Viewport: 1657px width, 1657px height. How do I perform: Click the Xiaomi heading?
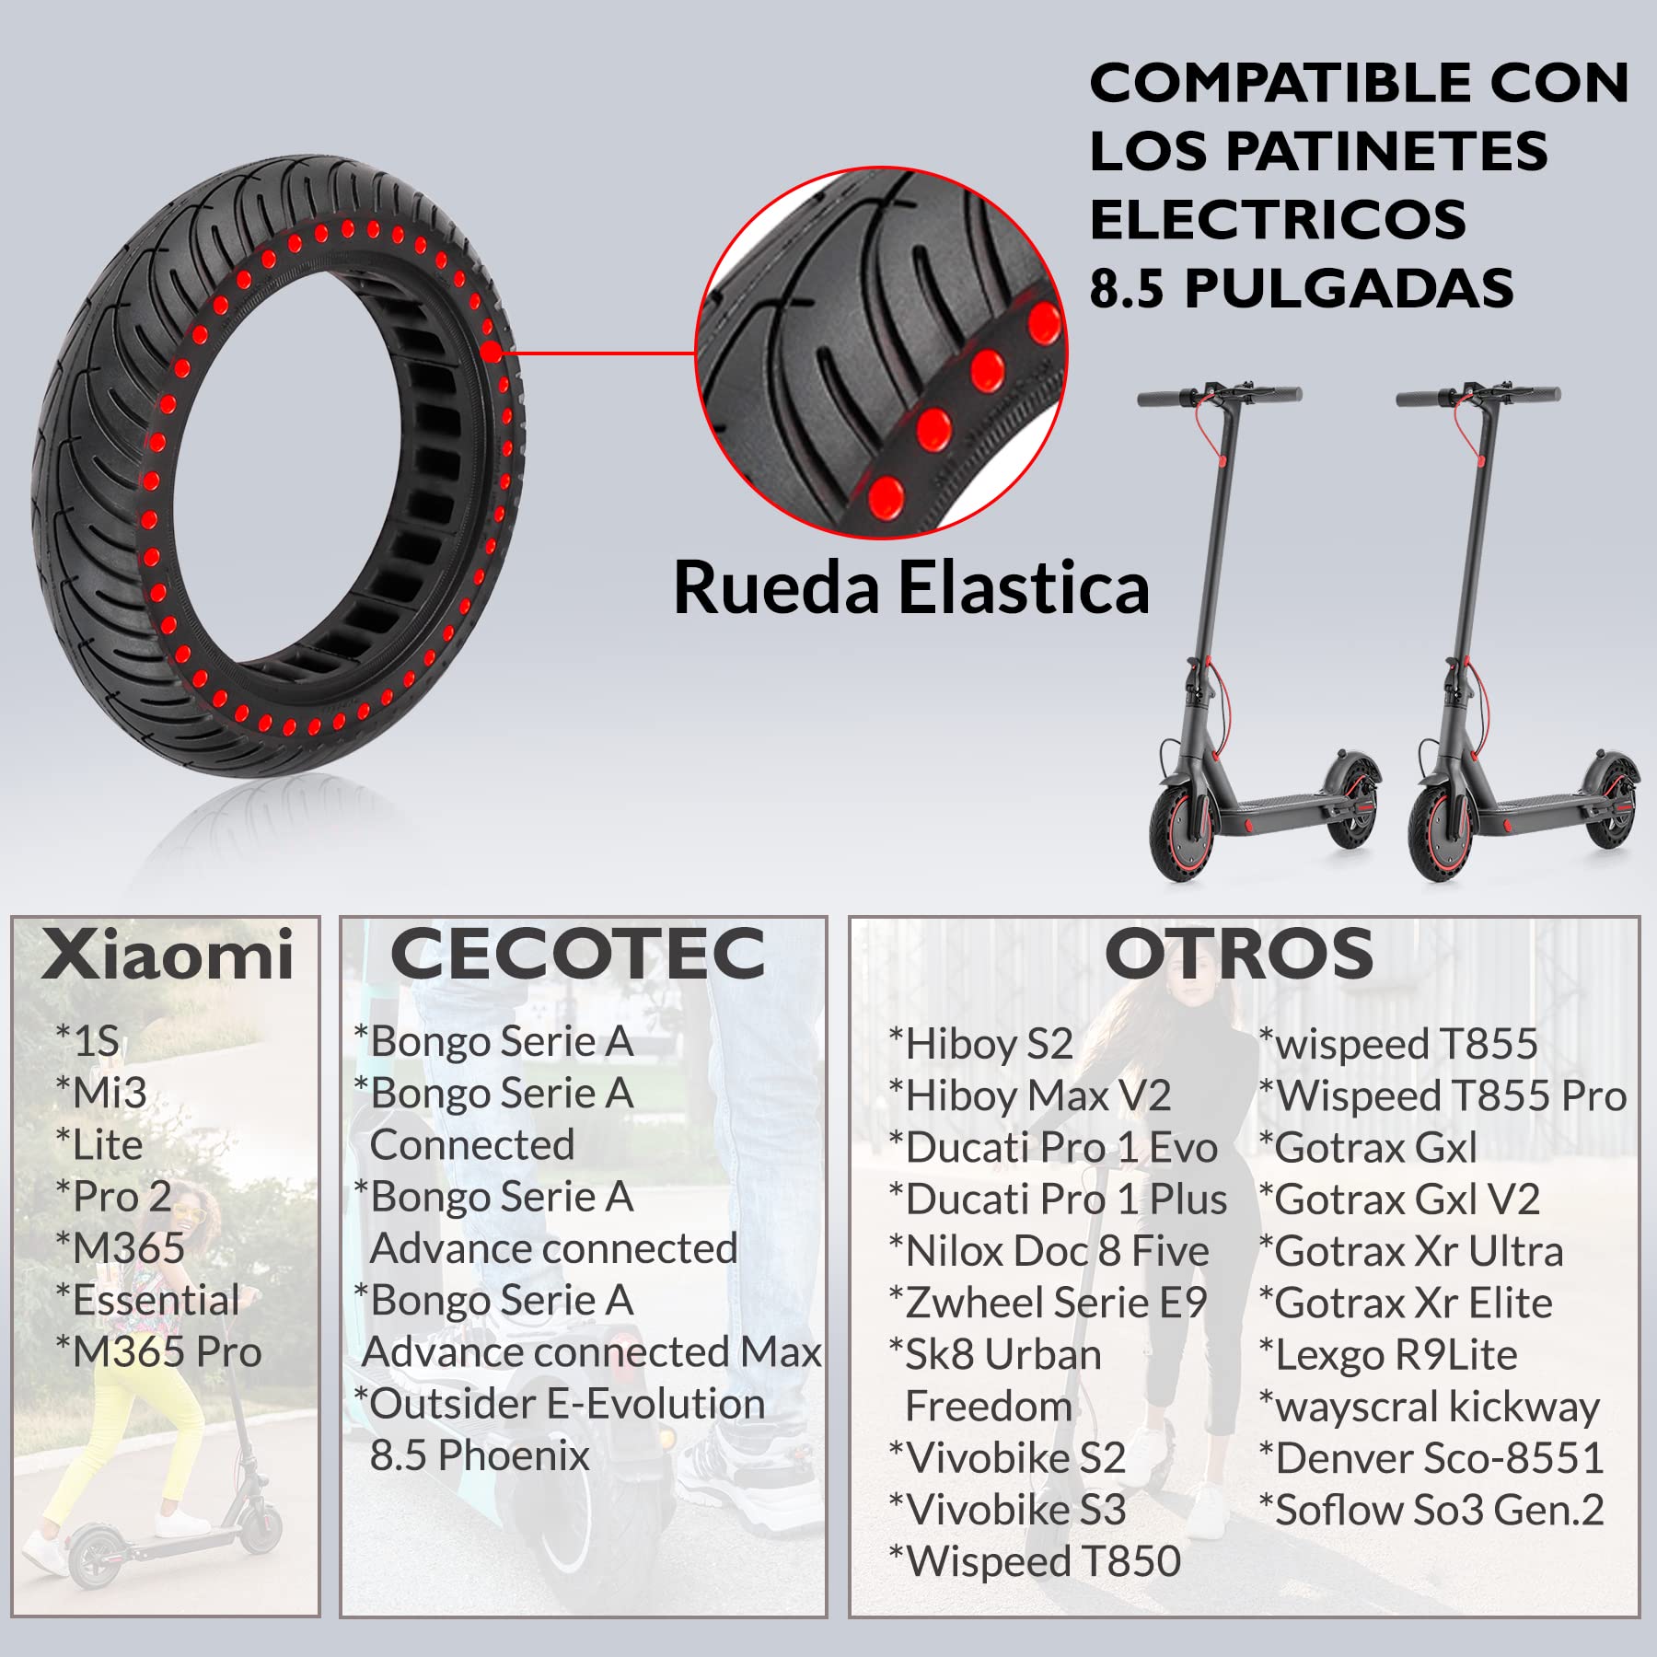pos(168,955)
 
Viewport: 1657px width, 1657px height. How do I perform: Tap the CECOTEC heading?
pos(577,954)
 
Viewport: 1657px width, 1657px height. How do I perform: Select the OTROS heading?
pos(1239,954)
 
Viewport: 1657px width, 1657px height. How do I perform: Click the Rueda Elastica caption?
pos(911,587)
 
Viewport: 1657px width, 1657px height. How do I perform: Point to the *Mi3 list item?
pos(101,1093)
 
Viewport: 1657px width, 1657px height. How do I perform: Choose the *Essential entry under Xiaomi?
pos(147,1300)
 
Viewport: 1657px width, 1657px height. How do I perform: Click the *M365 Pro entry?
pos(158,1351)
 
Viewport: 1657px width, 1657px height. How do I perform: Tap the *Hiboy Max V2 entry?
pos(1030,1095)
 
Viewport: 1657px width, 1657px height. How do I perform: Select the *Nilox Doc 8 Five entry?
pos(1049,1251)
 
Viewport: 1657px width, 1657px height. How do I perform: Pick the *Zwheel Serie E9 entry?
pos(1048,1303)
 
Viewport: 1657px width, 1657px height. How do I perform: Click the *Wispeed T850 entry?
pos(1035,1561)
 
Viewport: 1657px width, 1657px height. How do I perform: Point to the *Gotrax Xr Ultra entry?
pos(1411,1251)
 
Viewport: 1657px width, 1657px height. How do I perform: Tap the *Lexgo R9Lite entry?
pos(1388,1355)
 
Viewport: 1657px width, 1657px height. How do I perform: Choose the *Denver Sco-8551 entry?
pos(1431,1458)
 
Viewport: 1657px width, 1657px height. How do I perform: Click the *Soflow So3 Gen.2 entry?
pos(1431,1510)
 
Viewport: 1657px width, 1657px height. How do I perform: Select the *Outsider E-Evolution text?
pos(560,1404)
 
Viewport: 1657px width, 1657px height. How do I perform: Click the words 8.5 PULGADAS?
pos(1302,288)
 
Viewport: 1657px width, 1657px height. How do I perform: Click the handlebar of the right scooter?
pos(1477,397)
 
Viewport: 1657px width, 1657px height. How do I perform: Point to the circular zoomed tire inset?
pos(881,353)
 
